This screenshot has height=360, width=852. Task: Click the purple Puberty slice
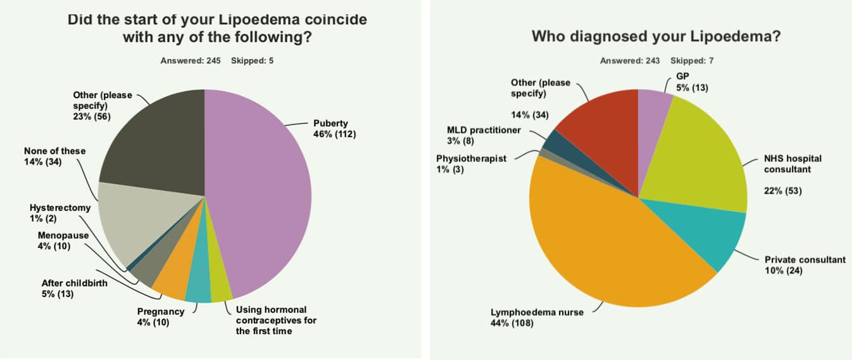click(x=266, y=190)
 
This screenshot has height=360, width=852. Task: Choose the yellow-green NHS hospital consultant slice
click(x=696, y=158)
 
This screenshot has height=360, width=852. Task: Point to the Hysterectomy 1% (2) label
click(x=60, y=213)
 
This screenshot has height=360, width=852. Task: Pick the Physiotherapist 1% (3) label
click(x=471, y=164)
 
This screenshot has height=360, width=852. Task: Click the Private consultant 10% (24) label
click(x=805, y=265)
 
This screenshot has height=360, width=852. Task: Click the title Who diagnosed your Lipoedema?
click(x=656, y=36)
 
